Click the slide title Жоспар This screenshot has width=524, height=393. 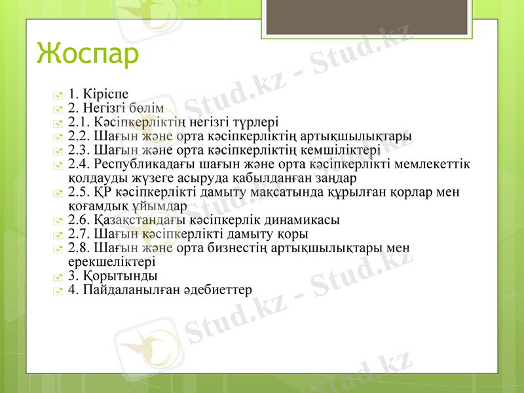tap(88, 53)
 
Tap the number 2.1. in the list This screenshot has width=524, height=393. tap(79, 122)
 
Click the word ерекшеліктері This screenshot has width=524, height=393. tap(111, 262)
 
